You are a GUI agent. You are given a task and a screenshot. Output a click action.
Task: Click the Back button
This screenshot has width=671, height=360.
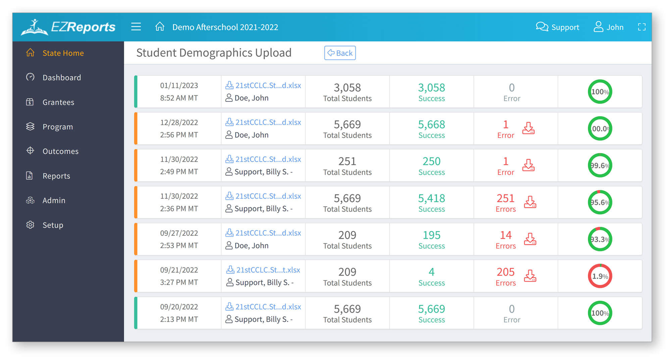pyautogui.click(x=340, y=53)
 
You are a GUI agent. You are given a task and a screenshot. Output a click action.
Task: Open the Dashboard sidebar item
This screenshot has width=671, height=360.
pyautogui.click(x=61, y=78)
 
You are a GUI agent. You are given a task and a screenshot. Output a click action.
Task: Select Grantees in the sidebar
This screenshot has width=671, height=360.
pyautogui.click(x=58, y=102)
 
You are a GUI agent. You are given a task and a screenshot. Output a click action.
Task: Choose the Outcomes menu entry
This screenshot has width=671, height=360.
pyautogui.click(x=60, y=151)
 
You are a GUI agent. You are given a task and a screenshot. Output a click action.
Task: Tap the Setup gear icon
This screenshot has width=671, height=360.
pyautogui.click(x=30, y=225)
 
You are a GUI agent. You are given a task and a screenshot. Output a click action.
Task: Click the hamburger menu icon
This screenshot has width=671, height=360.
pyautogui.click(x=136, y=27)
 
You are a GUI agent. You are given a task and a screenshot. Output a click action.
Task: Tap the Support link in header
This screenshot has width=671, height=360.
pyautogui.click(x=558, y=27)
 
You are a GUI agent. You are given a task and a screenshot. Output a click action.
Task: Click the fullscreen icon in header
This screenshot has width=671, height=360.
pyautogui.click(x=641, y=27)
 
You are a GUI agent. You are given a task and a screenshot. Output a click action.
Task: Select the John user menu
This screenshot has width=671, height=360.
pyautogui.click(x=609, y=27)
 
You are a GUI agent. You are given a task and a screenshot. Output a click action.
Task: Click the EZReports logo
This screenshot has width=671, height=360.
pyautogui.click(x=68, y=27)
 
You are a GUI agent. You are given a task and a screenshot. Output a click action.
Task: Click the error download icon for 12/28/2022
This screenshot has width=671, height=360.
pyautogui.click(x=528, y=128)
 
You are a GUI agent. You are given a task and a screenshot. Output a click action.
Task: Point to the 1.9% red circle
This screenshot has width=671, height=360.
pyautogui.click(x=600, y=276)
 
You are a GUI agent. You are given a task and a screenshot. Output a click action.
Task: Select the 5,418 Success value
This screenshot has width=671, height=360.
pyautogui.click(x=431, y=199)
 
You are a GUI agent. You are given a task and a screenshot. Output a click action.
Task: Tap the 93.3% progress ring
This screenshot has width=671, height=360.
pyautogui.click(x=600, y=239)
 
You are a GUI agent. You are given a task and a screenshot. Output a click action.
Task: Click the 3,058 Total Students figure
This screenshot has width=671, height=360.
pyautogui.click(x=347, y=88)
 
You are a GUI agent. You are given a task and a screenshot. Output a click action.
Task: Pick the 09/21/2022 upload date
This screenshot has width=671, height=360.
pyautogui.click(x=179, y=270)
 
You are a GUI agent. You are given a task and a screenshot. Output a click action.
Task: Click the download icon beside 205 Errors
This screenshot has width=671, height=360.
pyautogui.click(x=530, y=276)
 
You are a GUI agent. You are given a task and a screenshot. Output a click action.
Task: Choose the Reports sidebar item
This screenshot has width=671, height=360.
pyautogui.click(x=56, y=176)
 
